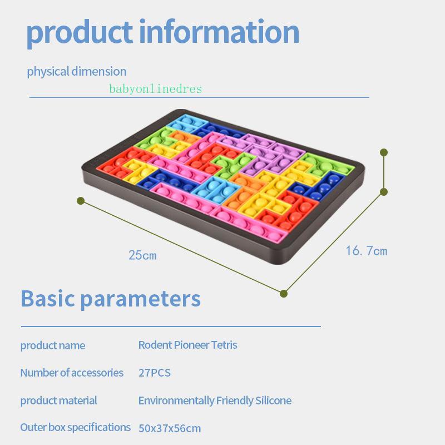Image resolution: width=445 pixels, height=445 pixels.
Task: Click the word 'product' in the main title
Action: click(80, 32)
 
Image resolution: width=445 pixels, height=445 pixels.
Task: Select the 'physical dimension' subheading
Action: click(76, 72)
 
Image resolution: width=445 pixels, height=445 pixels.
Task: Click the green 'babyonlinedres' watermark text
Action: click(155, 89)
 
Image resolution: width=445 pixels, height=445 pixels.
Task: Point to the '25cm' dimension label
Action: click(142, 256)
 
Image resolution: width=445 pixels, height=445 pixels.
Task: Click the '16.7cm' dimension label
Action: click(366, 251)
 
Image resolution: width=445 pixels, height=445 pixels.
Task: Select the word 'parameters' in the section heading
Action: click(140, 299)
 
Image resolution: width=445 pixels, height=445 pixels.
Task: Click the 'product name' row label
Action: click(53, 345)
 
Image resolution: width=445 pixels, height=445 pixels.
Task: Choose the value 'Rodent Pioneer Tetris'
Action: click(187, 345)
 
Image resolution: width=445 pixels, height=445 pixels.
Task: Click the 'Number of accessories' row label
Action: click(72, 373)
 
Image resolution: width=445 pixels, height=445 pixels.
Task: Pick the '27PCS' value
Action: click(155, 373)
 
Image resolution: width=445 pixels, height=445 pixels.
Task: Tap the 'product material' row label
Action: click(58, 400)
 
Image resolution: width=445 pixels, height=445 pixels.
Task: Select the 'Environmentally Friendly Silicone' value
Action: click(215, 400)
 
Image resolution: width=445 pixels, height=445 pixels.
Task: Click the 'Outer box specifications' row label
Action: click(75, 427)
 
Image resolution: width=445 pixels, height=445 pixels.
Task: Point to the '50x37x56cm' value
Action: click(170, 428)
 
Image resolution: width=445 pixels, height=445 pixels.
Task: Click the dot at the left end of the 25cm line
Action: click(81, 200)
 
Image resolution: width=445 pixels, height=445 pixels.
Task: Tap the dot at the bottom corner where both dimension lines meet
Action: click(284, 293)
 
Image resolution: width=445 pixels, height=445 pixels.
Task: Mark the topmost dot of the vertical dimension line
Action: click(384, 152)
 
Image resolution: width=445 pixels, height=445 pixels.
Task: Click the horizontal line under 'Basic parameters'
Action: click(171, 327)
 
